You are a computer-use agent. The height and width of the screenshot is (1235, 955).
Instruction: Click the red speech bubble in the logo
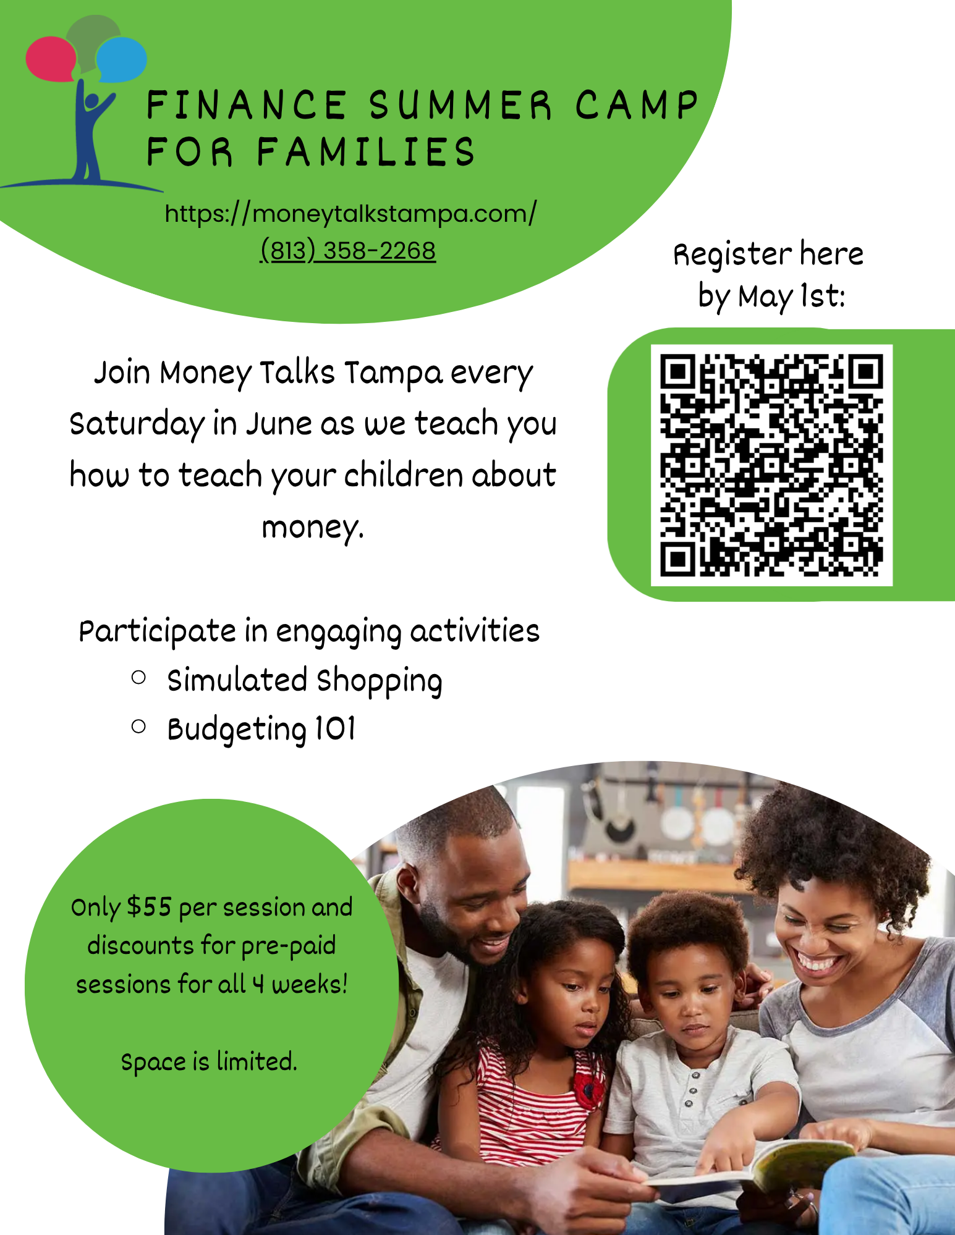click(51, 59)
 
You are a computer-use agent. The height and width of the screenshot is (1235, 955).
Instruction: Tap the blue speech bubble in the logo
click(121, 60)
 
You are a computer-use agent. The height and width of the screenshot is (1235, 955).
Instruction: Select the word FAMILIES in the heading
click(366, 152)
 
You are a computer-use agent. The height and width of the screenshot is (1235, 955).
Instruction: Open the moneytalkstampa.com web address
click(350, 213)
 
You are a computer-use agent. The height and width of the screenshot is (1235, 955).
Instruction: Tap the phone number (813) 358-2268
click(348, 250)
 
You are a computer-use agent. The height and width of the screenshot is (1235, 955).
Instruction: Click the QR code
click(771, 465)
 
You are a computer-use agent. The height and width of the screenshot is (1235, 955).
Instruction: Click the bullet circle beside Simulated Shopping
click(139, 678)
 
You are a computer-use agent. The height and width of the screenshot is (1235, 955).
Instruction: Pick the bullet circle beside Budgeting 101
click(139, 727)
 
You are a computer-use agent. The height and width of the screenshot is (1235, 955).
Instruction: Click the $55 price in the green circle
click(149, 907)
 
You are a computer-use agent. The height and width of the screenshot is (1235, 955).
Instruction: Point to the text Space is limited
click(209, 1062)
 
